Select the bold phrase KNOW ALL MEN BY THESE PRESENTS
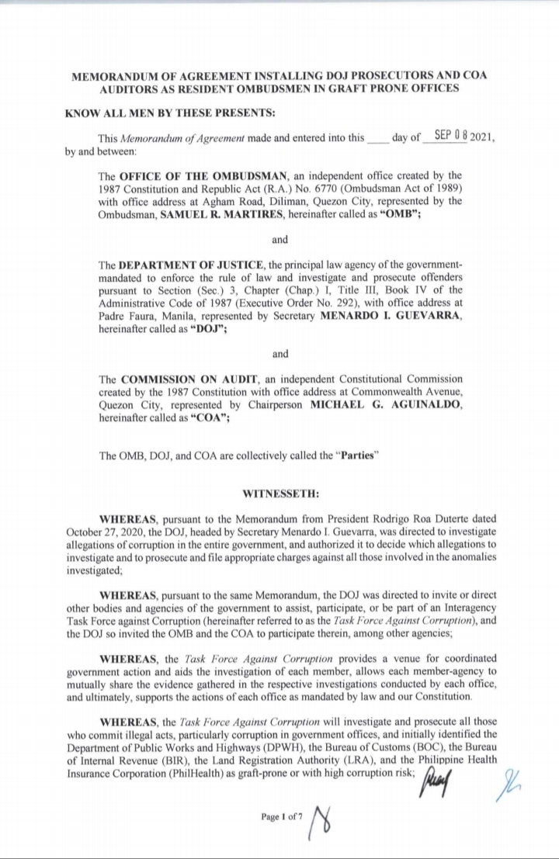(x=170, y=113)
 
